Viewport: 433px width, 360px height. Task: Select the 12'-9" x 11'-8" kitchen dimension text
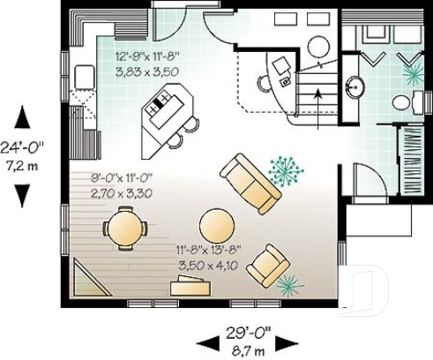pyautogui.click(x=146, y=57)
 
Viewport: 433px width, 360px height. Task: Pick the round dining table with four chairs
pyautogui.click(x=124, y=229)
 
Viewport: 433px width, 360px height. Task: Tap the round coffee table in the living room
pyautogui.click(x=216, y=225)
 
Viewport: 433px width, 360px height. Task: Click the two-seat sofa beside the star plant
pyautogui.click(x=250, y=184)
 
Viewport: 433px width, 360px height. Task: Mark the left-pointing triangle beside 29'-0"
pyautogui.click(x=205, y=341)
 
